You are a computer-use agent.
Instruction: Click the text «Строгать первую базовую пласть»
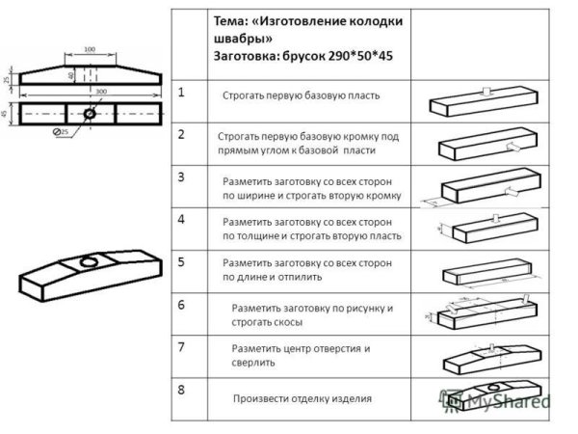302,96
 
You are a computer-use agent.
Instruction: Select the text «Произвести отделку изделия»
302,398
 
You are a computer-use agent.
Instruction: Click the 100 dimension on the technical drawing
89,48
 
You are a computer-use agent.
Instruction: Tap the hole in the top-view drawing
89,113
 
